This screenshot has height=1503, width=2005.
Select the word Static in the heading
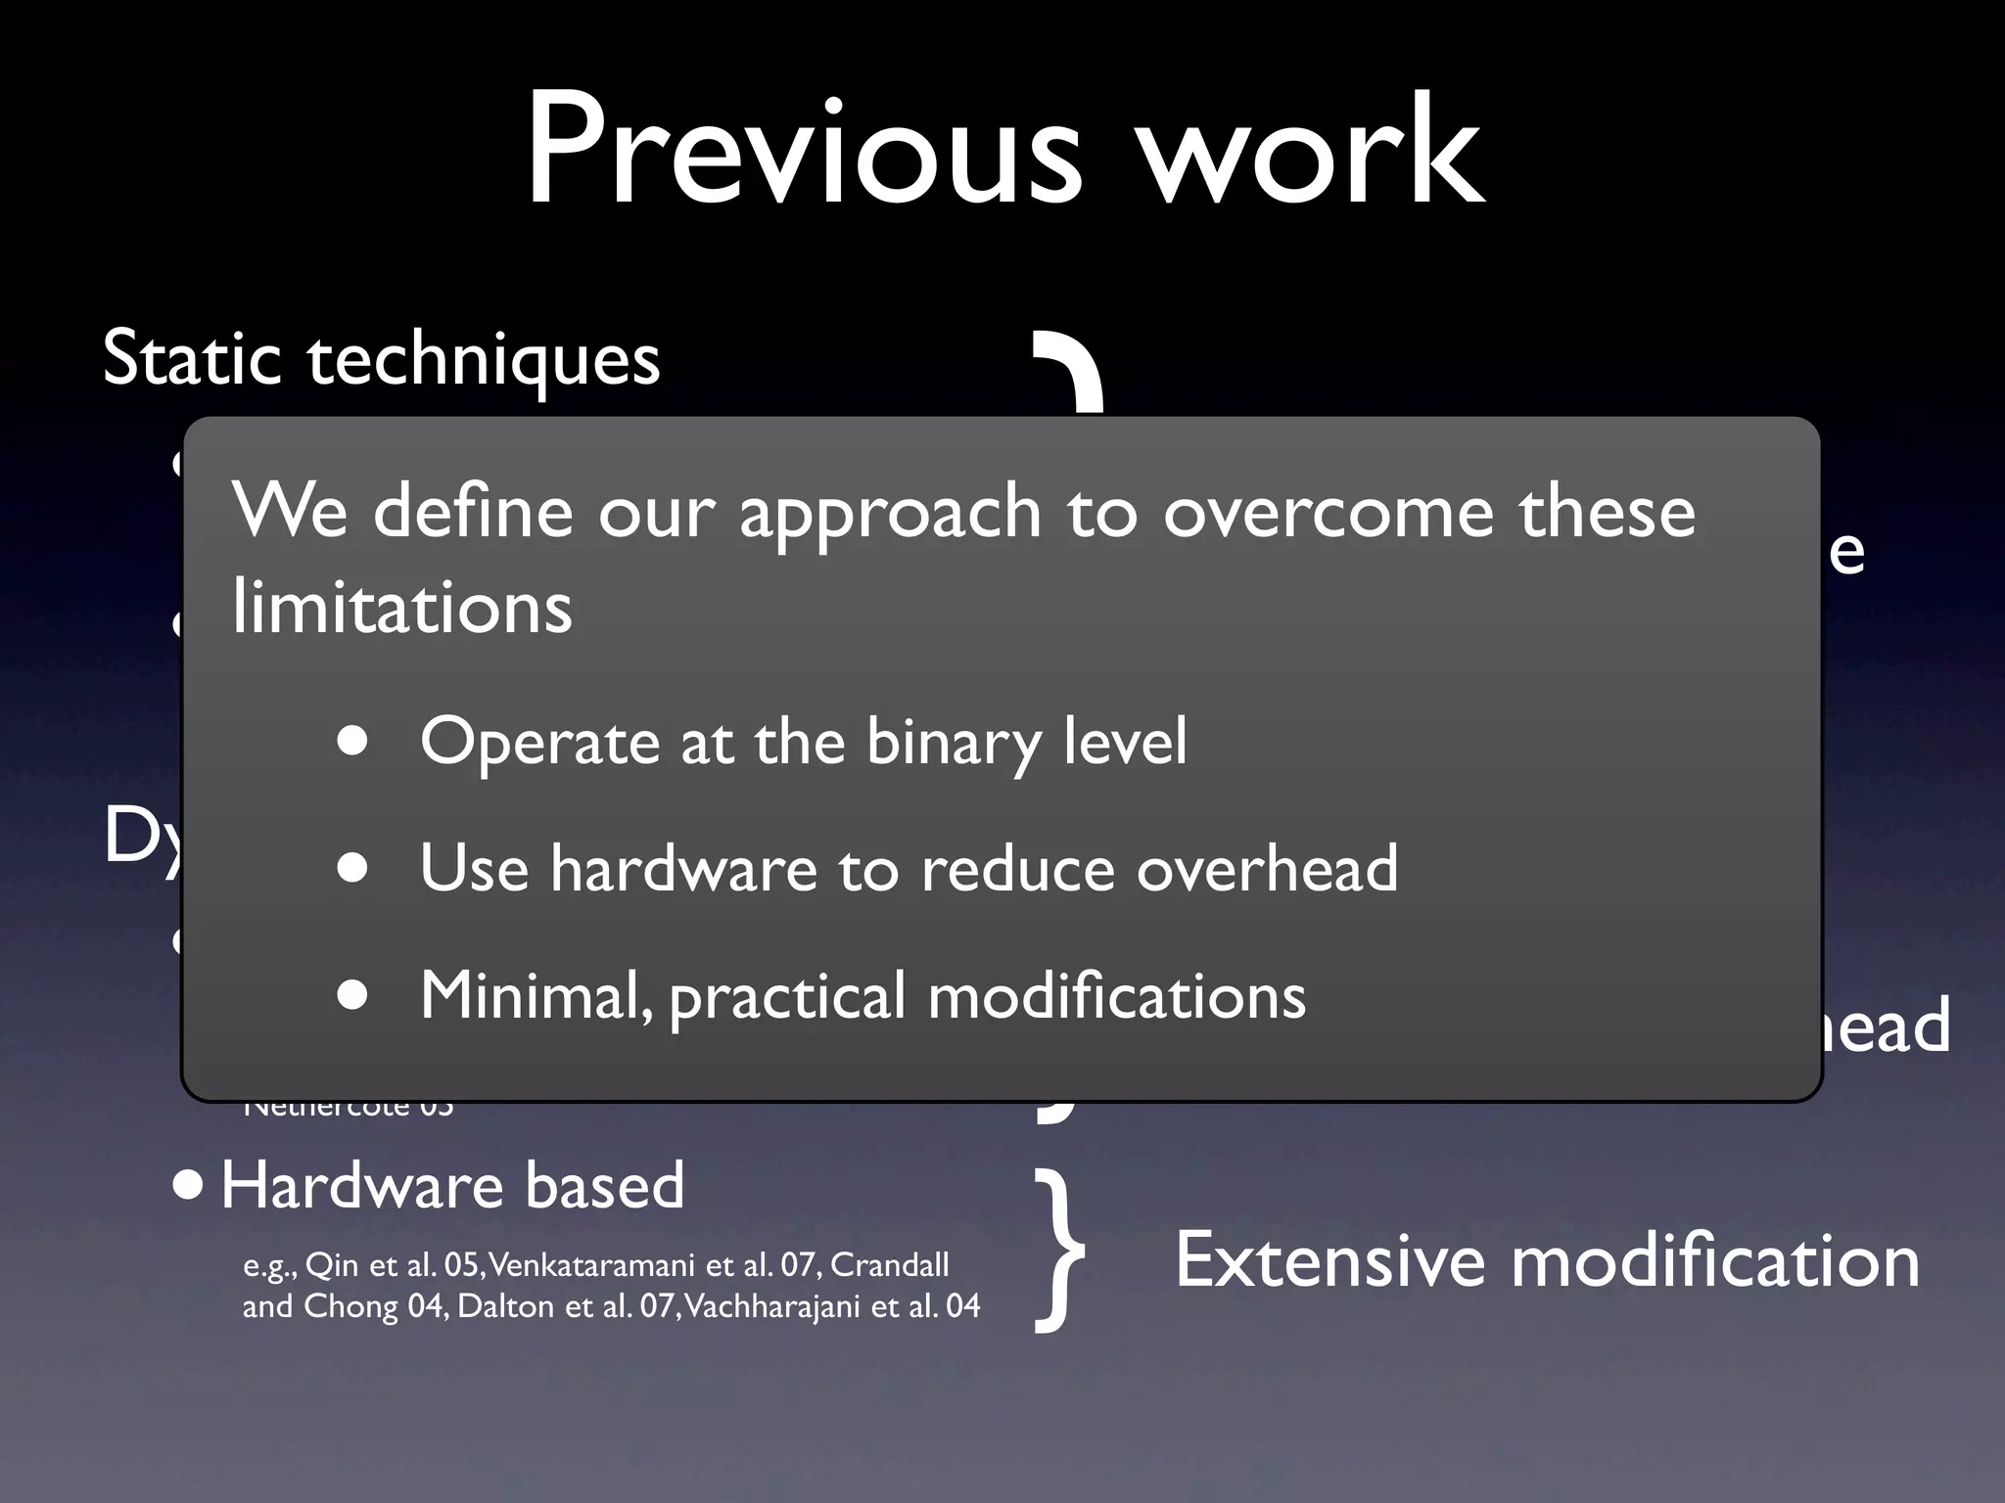click(193, 358)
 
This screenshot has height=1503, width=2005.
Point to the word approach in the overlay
click(889, 515)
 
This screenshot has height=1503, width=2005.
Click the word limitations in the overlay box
click(401, 608)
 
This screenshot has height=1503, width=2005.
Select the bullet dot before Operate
click(352, 741)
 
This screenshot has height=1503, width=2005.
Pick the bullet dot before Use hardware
click(352, 867)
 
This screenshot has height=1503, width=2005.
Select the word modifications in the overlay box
click(1116, 996)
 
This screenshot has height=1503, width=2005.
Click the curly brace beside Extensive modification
click(1059, 1252)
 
